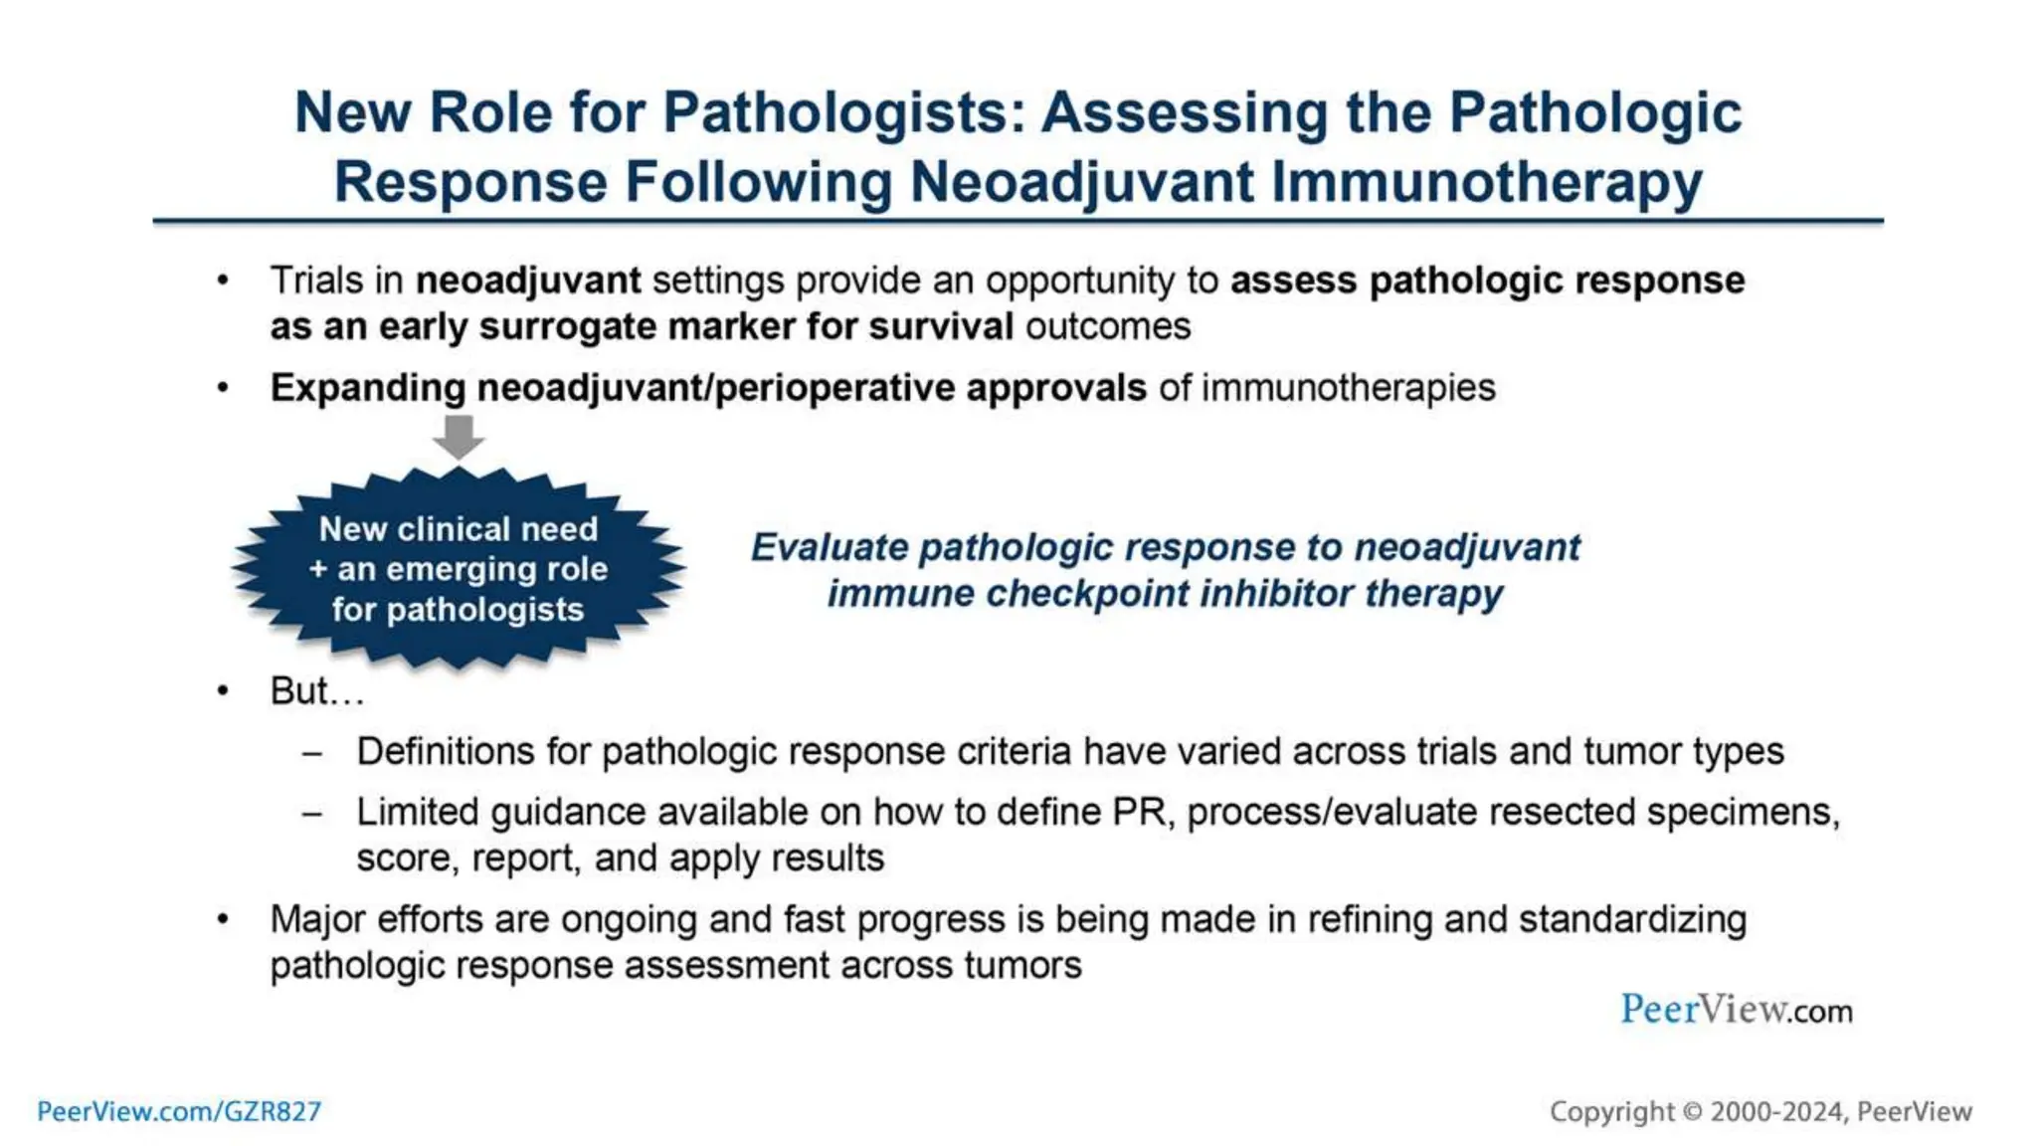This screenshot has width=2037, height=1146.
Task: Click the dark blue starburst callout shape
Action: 459,569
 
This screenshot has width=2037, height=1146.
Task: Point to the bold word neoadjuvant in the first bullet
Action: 528,282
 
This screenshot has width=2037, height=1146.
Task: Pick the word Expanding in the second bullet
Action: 367,388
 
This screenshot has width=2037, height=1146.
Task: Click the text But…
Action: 316,691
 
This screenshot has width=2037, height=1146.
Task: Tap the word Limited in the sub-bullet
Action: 418,813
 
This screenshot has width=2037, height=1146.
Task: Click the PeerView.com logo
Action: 1736,1010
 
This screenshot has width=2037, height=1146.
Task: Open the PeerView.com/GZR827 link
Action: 179,1111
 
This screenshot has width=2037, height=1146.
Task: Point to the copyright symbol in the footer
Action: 1692,1112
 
